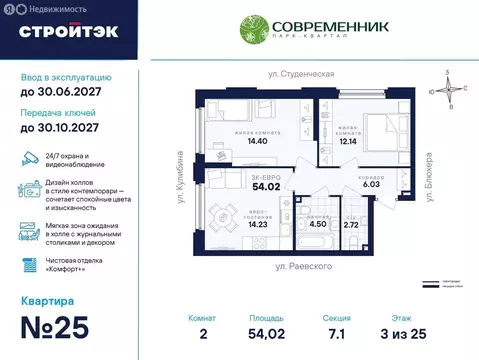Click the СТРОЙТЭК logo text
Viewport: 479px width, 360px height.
point(68,31)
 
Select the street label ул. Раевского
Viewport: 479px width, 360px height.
point(305,268)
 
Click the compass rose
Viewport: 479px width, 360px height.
point(448,87)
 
